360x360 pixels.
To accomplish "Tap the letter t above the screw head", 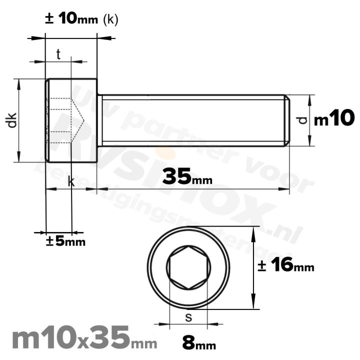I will point(58,55).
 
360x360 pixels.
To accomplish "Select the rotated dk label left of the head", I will point(12,120).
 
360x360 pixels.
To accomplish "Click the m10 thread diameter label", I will point(334,119).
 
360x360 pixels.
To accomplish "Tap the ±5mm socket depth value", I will point(66,241).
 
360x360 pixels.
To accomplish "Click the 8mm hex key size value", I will point(199,344).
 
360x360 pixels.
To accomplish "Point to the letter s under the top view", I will point(188,316).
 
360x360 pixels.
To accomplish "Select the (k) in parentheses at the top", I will point(109,20).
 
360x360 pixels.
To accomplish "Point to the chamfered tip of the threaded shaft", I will point(286,120).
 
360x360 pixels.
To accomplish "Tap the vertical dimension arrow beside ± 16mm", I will point(255,267).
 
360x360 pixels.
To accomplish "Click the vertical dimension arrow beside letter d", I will point(310,120).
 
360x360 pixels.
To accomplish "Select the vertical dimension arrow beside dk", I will point(19,120).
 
